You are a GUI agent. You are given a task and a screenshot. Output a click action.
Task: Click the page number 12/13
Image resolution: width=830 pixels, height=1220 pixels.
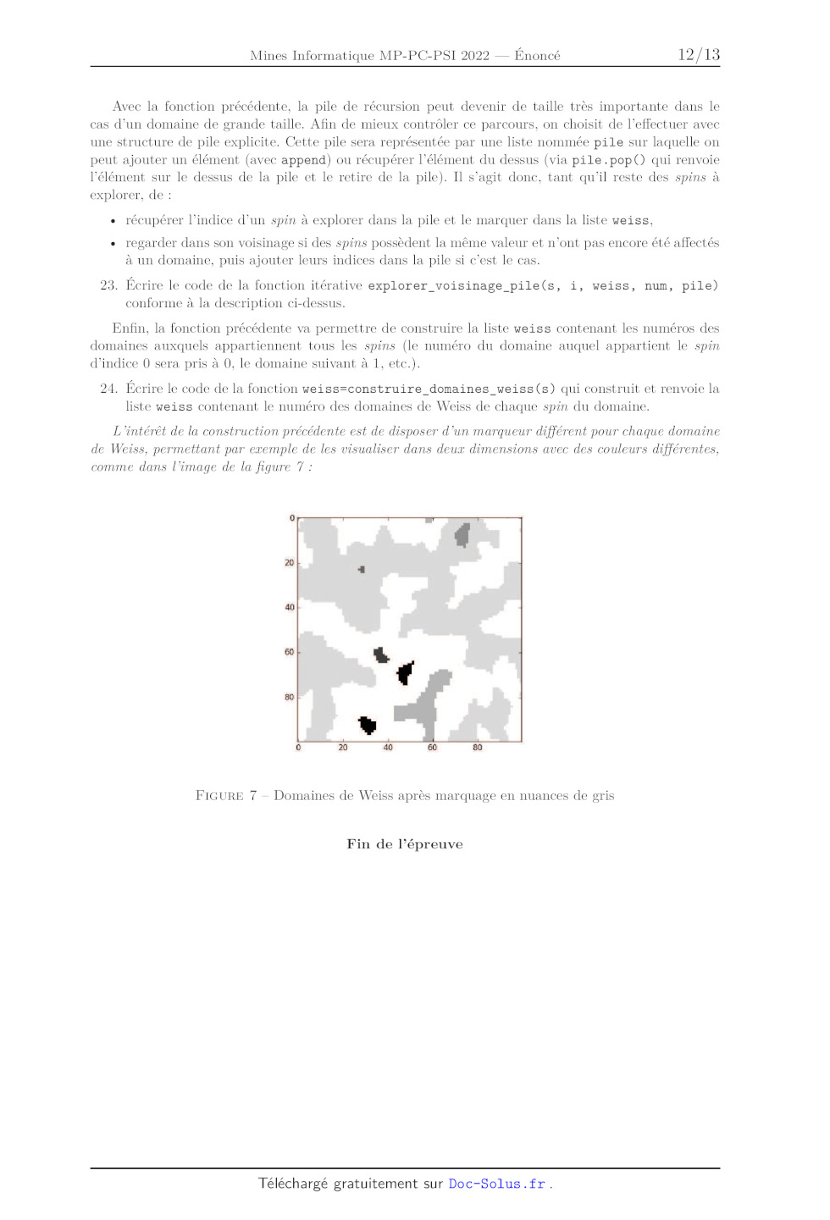click(x=698, y=55)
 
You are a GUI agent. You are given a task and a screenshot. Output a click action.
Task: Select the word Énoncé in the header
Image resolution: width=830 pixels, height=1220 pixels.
click(x=537, y=56)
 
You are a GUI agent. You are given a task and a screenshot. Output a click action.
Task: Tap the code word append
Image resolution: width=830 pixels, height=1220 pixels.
click(x=303, y=160)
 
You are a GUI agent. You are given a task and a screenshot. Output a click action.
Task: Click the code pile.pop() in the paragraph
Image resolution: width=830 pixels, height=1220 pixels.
click(x=607, y=160)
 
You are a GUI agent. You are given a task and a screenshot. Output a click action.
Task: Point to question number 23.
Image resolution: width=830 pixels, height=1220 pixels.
click(x=108, y=285)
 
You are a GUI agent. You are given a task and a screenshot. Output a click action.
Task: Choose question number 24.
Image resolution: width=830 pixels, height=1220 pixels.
click(x=108, y=389)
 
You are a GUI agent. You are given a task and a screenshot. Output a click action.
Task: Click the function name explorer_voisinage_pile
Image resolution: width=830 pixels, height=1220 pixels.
click(x=452, y=286)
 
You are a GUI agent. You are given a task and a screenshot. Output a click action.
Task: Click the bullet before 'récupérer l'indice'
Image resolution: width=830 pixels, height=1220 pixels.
click(x=113, y=221)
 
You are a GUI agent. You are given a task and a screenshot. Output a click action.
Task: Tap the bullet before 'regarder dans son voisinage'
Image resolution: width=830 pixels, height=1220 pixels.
click(x=113, y=244)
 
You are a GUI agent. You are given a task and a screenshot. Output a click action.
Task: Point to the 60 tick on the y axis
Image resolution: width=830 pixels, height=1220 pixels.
click(x=290, y=652)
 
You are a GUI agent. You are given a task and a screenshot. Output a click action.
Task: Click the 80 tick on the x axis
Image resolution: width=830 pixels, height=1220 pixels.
click(x=478, y=748)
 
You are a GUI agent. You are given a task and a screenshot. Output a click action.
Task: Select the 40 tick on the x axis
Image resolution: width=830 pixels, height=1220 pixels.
click(x=388, y=748)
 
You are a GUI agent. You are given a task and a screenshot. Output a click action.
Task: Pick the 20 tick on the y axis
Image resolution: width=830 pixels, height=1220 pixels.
click(x=290, y=562)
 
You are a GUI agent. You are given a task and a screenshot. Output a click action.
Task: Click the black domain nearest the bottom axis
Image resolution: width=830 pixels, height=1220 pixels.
click(x=368, y=725)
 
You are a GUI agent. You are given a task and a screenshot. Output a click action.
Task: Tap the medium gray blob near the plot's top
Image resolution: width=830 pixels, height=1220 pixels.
click(x=462, y=534)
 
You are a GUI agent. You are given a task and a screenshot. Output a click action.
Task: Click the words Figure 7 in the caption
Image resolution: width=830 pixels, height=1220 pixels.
click(x=226, y=796)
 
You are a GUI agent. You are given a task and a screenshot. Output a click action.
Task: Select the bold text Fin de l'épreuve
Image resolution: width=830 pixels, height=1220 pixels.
click(x=405, y=844)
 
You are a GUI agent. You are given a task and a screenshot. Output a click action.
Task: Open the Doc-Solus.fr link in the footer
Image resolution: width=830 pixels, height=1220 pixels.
click(x=497, y=1184)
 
